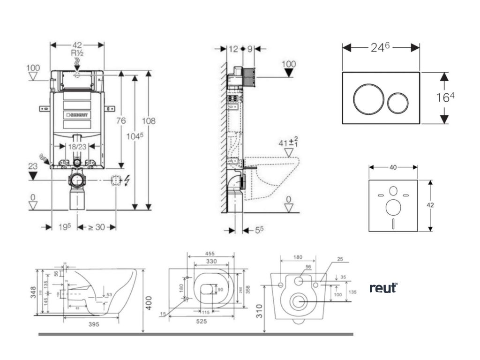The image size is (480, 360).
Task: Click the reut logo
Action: click(383, 288)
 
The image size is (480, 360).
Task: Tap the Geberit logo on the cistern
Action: click(79, 114)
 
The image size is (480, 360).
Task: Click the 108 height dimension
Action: click(149, 120)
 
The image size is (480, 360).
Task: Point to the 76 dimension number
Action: click(120, 120)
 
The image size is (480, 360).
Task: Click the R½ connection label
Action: click(77, 53)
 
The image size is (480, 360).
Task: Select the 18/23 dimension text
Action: click(77, 147)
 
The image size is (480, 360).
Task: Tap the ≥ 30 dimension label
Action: click(97, 227)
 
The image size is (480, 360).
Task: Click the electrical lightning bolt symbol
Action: click(128, 180)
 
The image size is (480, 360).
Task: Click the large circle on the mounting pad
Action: click(393, 207)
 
